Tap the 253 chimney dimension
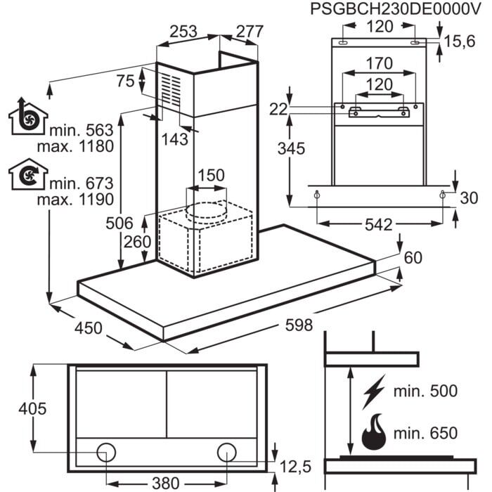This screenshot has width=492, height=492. [x=183, y=32]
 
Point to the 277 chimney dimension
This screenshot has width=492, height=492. [x=249, y=32]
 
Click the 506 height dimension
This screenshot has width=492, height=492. [x=120, y=224]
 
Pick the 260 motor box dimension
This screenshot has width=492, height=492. [x=137, y=242]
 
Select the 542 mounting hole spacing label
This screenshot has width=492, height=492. [x=380, y=226]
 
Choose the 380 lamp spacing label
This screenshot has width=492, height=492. [x=167, y=484]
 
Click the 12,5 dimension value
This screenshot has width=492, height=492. [x=295, y=467]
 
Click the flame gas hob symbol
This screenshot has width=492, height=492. [x=373, y=434]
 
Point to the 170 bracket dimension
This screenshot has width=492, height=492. [x=379, y=63]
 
